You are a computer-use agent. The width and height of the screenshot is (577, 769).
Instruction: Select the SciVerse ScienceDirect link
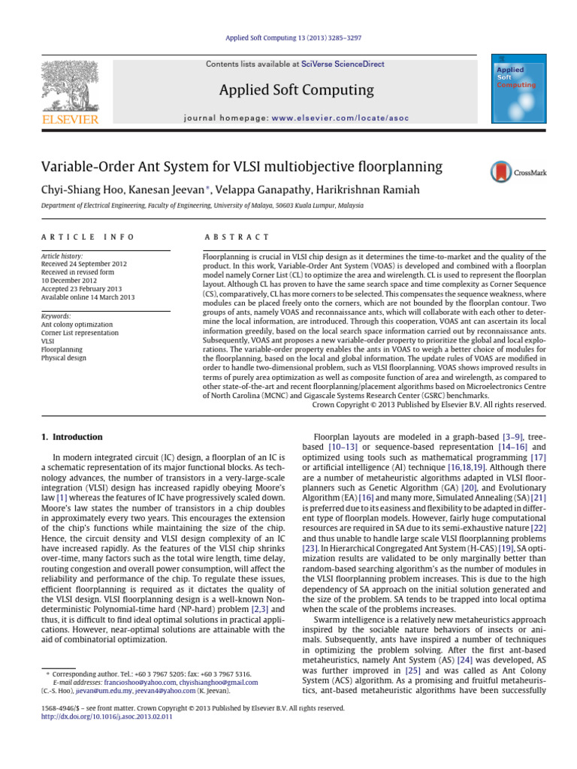click(x=343, y=65)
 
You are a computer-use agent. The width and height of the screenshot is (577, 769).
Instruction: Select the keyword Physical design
click(x=63, y=357)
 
